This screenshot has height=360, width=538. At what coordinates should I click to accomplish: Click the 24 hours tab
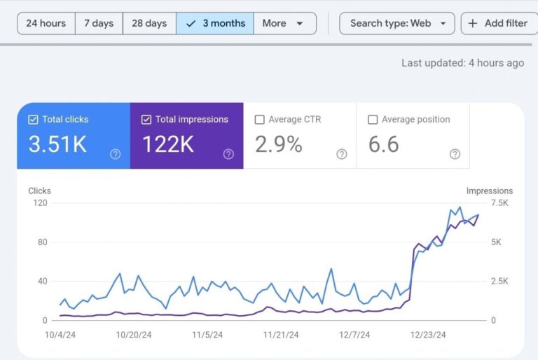46,23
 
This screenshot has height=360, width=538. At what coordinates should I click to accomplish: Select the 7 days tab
98,23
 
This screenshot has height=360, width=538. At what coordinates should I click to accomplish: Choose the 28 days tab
149,23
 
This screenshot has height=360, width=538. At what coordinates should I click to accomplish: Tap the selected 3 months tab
214,23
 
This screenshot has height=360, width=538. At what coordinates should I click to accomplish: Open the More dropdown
284,23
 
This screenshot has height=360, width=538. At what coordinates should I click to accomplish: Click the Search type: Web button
397,23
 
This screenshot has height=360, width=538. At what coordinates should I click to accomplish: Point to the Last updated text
462,63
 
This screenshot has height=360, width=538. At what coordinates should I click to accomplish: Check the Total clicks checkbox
33,120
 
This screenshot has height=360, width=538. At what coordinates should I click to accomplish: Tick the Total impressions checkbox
146,120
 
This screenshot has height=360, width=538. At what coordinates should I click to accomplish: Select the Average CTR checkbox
260,120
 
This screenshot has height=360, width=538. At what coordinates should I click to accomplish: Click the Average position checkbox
373,120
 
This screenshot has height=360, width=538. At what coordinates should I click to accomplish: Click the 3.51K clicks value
57,144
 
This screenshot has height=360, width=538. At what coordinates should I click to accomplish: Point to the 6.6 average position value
384,144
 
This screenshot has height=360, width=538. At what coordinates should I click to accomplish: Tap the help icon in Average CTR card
341,154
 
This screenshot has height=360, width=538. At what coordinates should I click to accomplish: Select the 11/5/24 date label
208,335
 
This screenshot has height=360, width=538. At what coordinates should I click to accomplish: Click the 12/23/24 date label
428,335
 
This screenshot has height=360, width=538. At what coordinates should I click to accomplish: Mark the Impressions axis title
489,191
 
